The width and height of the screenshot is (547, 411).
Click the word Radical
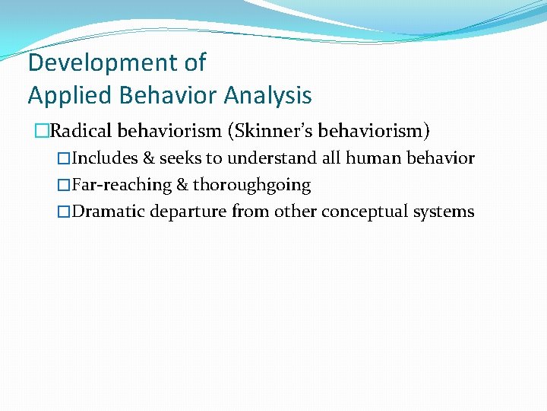[79, 131]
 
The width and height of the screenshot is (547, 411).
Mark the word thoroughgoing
[251, 185]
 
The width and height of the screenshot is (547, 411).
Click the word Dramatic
[109, 212]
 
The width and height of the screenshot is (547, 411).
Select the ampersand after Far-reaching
[182, 185]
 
